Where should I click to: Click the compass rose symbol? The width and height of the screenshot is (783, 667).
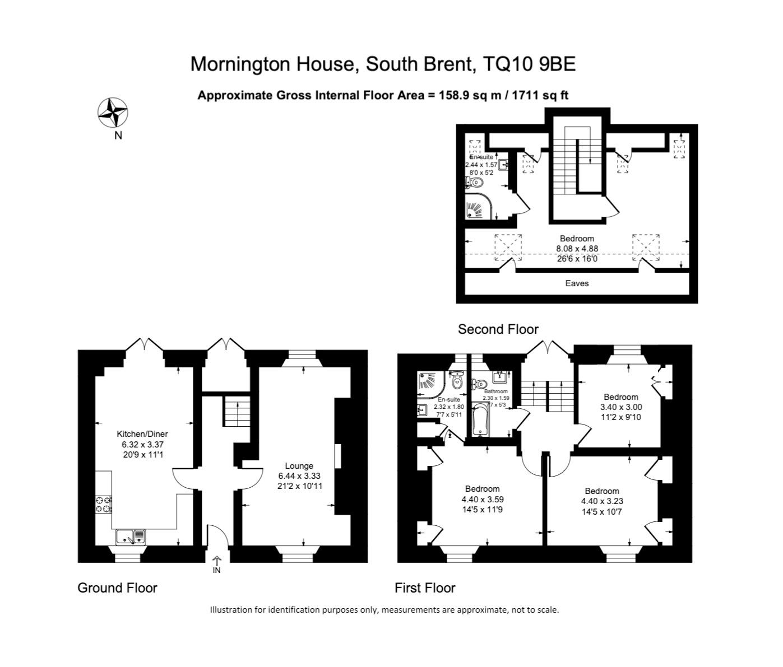click(x=113, y=113)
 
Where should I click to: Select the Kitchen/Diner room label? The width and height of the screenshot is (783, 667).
click(x=142, y=434)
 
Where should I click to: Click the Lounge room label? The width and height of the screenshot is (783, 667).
click(x=299, y=465)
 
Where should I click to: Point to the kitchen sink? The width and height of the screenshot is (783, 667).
click(x=131, y=537)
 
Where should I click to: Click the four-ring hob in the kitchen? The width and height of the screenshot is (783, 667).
click(x=104, y=505)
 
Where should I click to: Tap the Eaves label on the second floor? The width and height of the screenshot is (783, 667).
click(x=577, y=283)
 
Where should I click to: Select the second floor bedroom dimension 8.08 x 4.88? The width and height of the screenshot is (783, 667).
click(x=577, y=249)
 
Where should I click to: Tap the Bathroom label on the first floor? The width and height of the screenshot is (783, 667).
click(x=496, y=391)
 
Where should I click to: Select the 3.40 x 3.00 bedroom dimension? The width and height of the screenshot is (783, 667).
click(x=621, y=407)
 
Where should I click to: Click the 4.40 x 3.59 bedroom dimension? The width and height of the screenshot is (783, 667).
click(x=483, y=500)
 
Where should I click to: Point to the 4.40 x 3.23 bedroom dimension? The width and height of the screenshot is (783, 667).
click(x=602, y=501)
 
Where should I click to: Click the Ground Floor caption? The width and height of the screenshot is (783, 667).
click(x=118, y=588)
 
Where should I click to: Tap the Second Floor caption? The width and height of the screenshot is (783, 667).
click(x=498, y=329)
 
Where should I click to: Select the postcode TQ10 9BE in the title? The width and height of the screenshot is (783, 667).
click(x=530, y=64)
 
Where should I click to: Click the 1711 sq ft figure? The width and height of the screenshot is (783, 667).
click(x=540, y=95)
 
